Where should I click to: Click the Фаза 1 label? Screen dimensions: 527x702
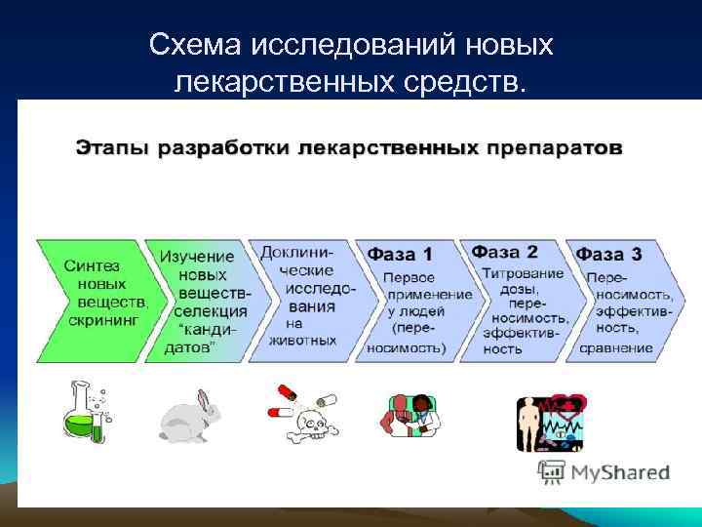click(399, 254)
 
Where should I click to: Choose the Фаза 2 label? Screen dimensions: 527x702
click(505, 251)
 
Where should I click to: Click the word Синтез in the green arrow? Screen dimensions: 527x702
click(92, 265)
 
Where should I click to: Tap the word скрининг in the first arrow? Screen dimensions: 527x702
click(104, 319)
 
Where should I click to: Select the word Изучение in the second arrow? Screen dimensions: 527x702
click(197, 256)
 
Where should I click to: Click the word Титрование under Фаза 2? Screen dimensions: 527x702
click(522, 274)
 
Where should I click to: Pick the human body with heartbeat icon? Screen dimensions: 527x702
click(551, 421)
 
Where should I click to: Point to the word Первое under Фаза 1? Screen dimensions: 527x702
click(409, 277)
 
